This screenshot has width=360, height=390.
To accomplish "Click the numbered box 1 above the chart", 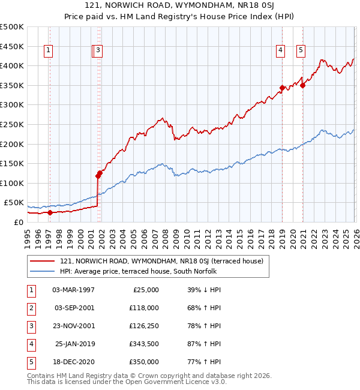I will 48,51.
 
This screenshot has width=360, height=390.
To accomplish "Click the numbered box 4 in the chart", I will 280,51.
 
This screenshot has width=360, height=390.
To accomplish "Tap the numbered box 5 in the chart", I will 300,51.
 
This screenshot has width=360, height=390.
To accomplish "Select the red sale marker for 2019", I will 281,88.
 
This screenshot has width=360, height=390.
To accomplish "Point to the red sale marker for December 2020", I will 303,85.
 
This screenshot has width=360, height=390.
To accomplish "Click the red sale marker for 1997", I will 50,212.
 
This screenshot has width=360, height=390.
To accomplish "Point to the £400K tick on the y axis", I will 11,65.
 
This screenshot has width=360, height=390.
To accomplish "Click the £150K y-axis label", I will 11,163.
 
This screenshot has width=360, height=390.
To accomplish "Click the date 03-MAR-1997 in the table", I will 73,289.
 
